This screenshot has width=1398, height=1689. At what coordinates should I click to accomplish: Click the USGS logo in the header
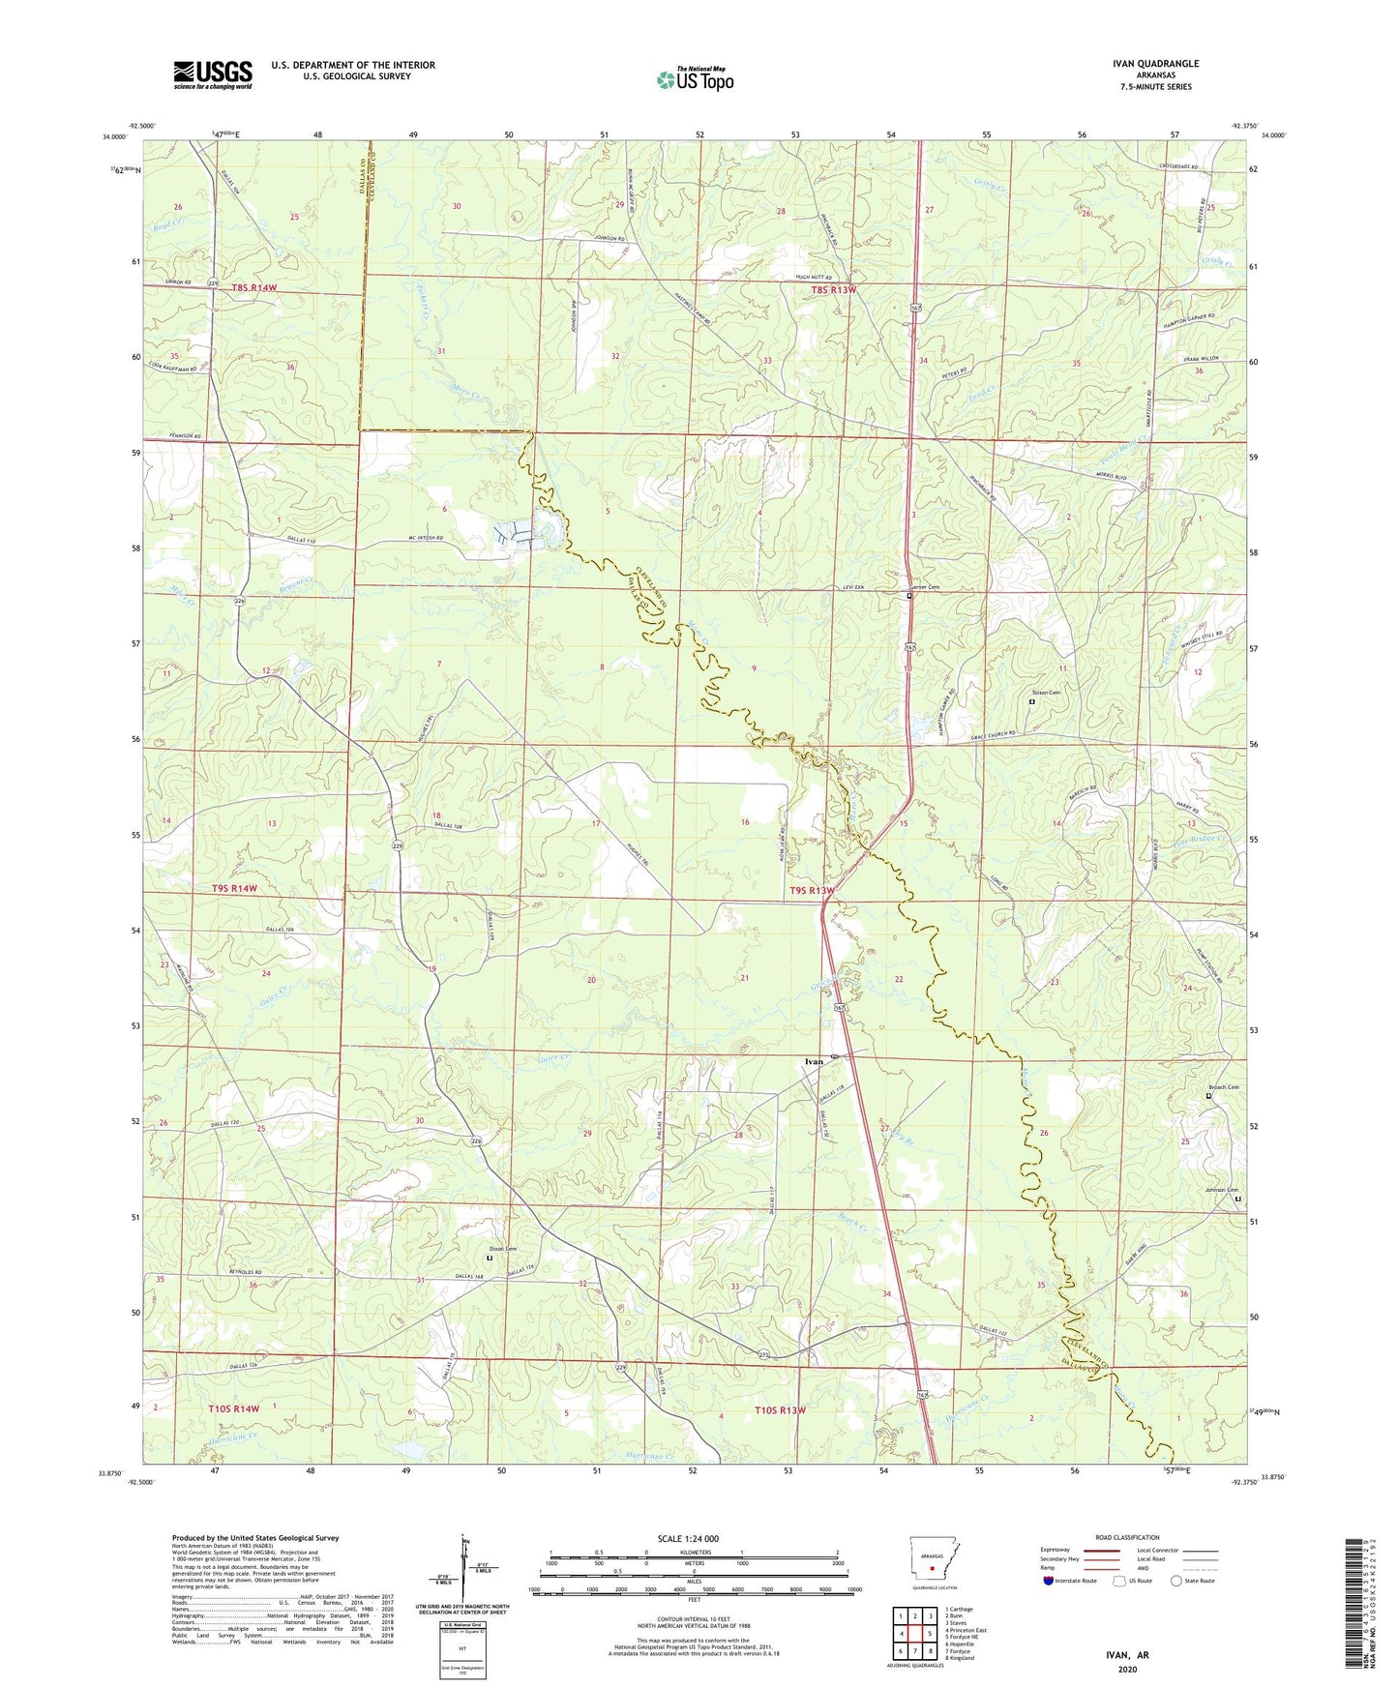click(212, 74)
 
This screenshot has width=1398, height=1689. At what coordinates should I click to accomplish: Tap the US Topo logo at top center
click(694, 78)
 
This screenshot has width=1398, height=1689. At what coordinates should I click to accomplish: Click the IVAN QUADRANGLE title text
click(1155, 64)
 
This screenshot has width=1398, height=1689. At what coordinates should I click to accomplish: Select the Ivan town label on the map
click(814, 1061)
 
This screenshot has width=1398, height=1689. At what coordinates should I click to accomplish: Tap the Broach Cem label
click(1223, 1087)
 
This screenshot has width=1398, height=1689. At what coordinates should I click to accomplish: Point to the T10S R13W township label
click(780, 1410)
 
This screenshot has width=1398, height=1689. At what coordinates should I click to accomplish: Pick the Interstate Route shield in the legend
click(1050, 1581)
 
